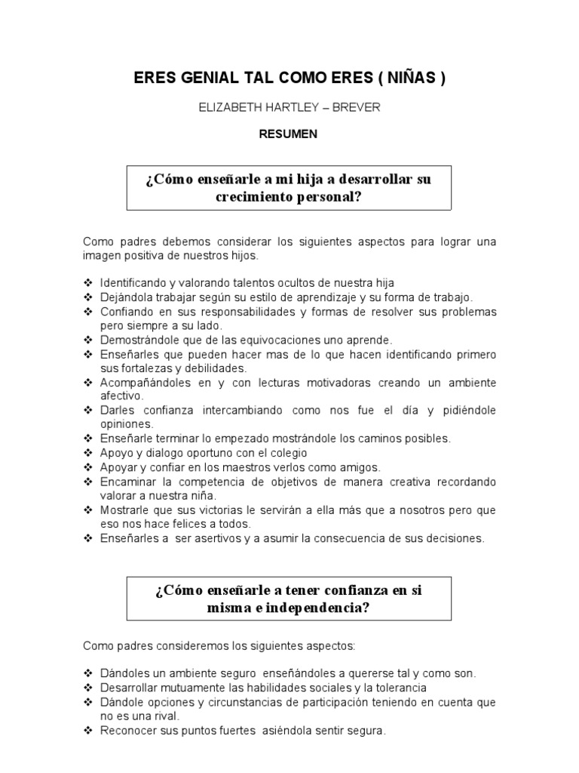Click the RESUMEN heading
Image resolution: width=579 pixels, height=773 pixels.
point(289,134)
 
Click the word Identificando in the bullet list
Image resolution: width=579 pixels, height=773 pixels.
point(136,282)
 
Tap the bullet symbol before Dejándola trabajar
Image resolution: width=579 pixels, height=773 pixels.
point(88,297)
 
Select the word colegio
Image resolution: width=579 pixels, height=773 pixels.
point(282,453)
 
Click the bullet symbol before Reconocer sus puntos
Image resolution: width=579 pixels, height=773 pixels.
point(88,731)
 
